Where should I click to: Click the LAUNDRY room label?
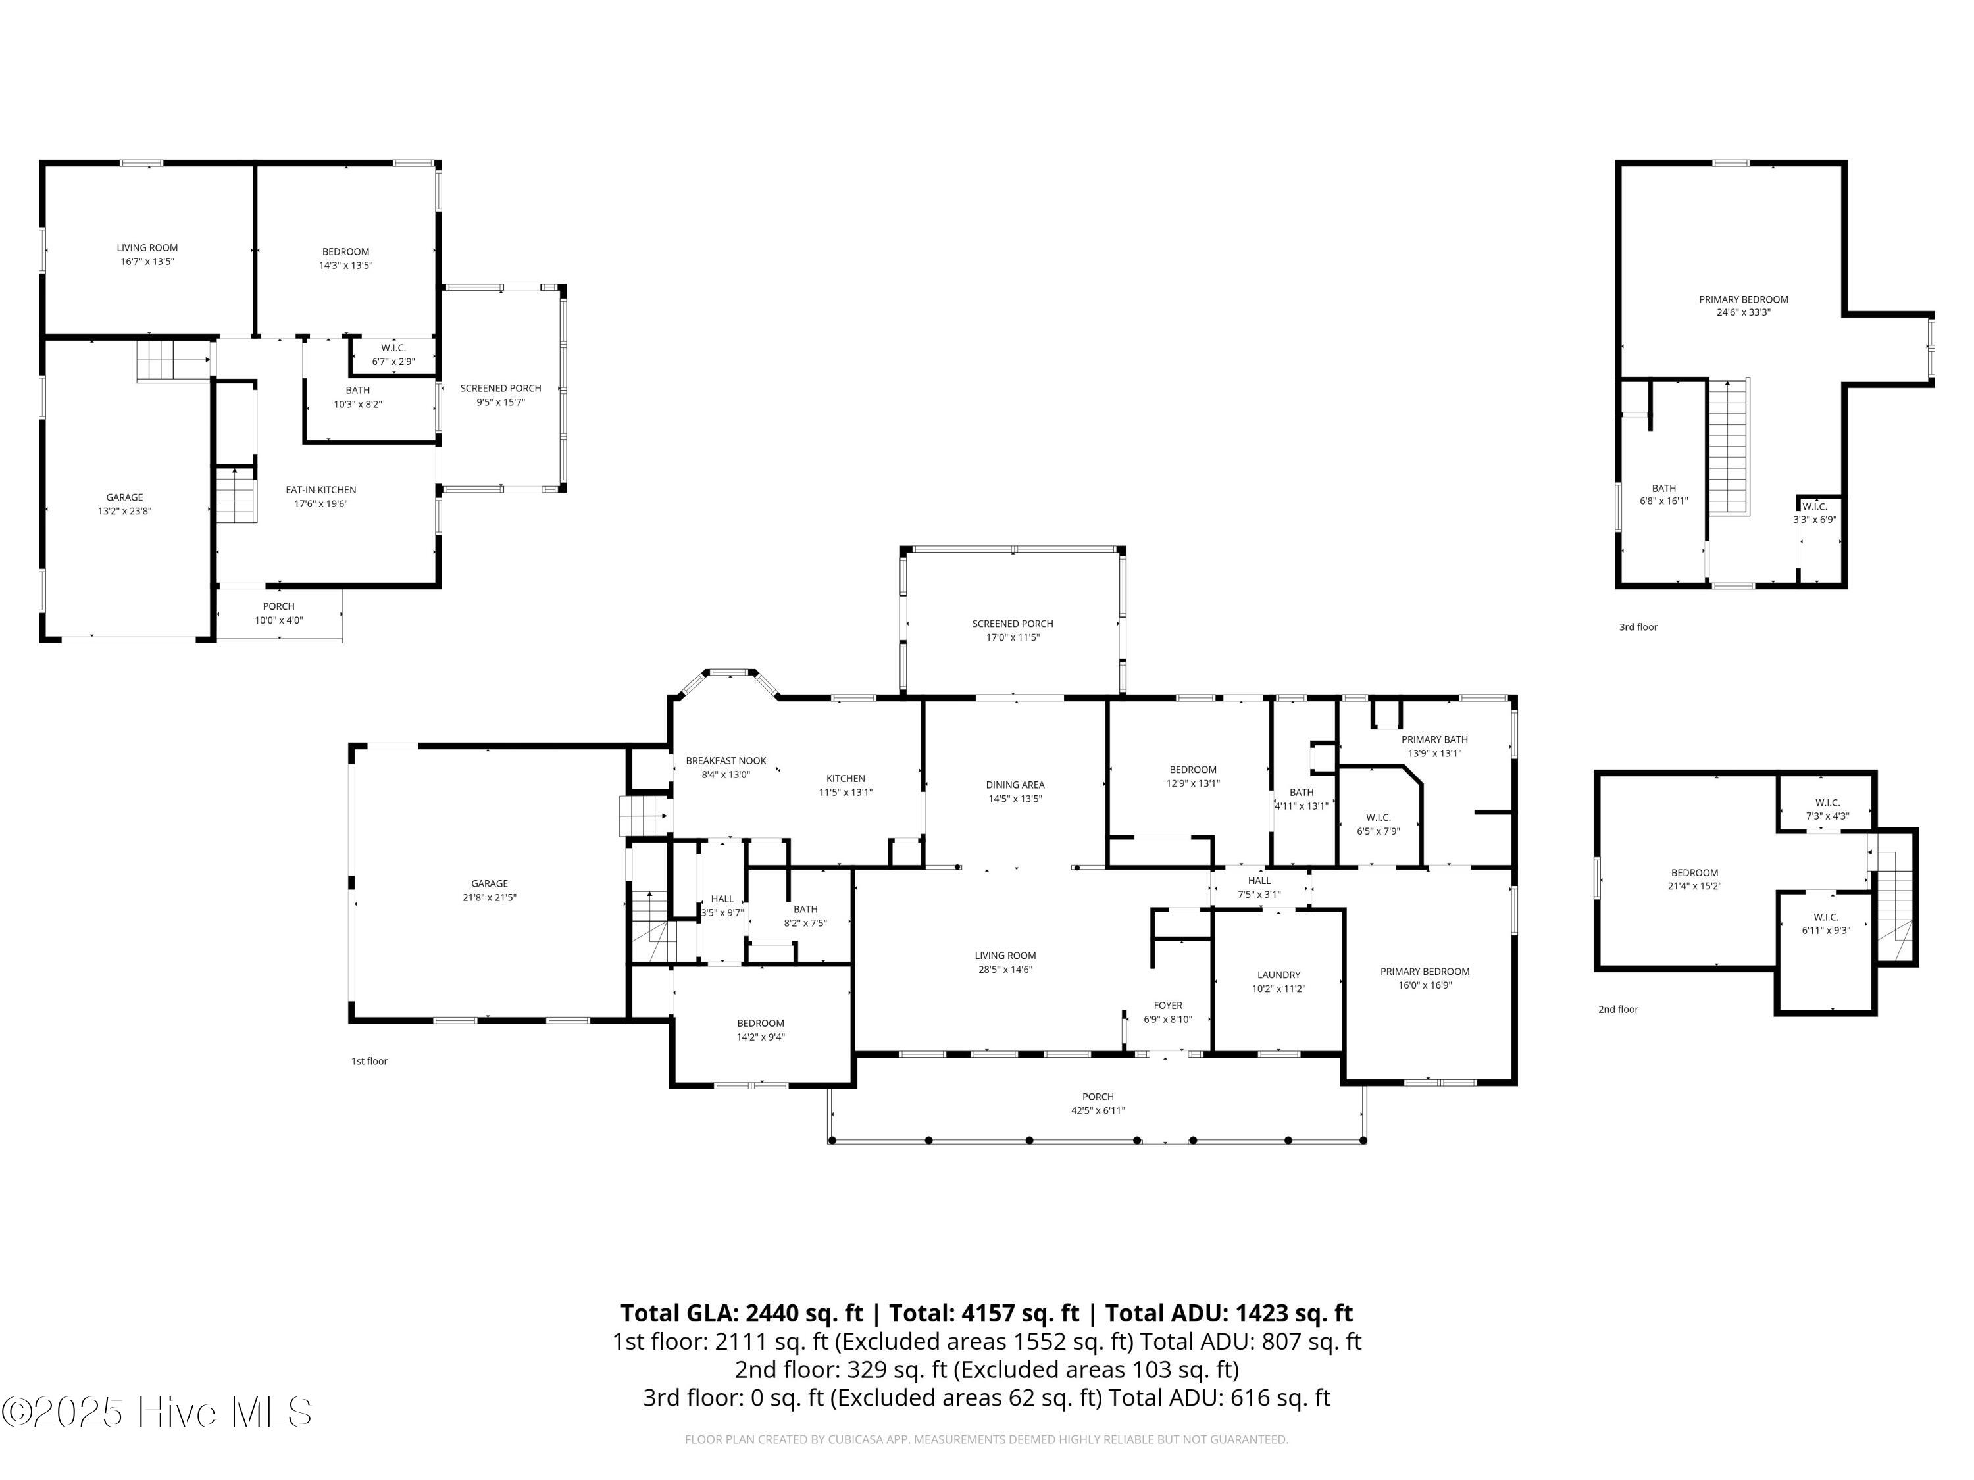[x=1278, y=975]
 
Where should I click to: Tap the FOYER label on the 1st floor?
[x=1167, y=1005]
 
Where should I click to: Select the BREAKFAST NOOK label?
[x=726, y=761]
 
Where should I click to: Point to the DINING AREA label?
[x=1015, y=785]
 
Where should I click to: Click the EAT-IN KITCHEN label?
[x=320, y=490]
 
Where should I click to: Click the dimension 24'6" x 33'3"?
[x=1743, y=312]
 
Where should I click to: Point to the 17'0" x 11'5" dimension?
[x=1013, y=637]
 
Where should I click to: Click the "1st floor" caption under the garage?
[x=369, y=1061]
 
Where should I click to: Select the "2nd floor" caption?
[x=1618, y=1009]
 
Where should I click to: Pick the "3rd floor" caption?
[x=1638, y=627]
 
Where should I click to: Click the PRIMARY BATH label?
[x=1434, y=739]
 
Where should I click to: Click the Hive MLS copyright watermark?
[x=157, y=1412]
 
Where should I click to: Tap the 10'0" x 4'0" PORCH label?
[x=278, y=613]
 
